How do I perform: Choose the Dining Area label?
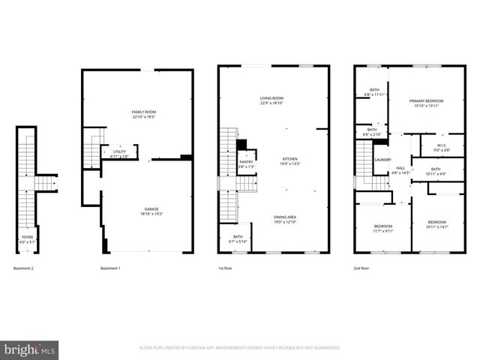(285, 218)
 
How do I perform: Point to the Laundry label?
(382, 160)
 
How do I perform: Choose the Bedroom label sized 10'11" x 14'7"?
(437, 224)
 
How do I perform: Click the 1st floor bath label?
(238, 238)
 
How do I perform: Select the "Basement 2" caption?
(27, 268)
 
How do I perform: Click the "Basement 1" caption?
(110, 268)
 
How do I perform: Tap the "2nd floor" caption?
(362, 268)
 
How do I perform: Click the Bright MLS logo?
(29, 349)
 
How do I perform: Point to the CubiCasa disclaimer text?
(240, 348)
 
